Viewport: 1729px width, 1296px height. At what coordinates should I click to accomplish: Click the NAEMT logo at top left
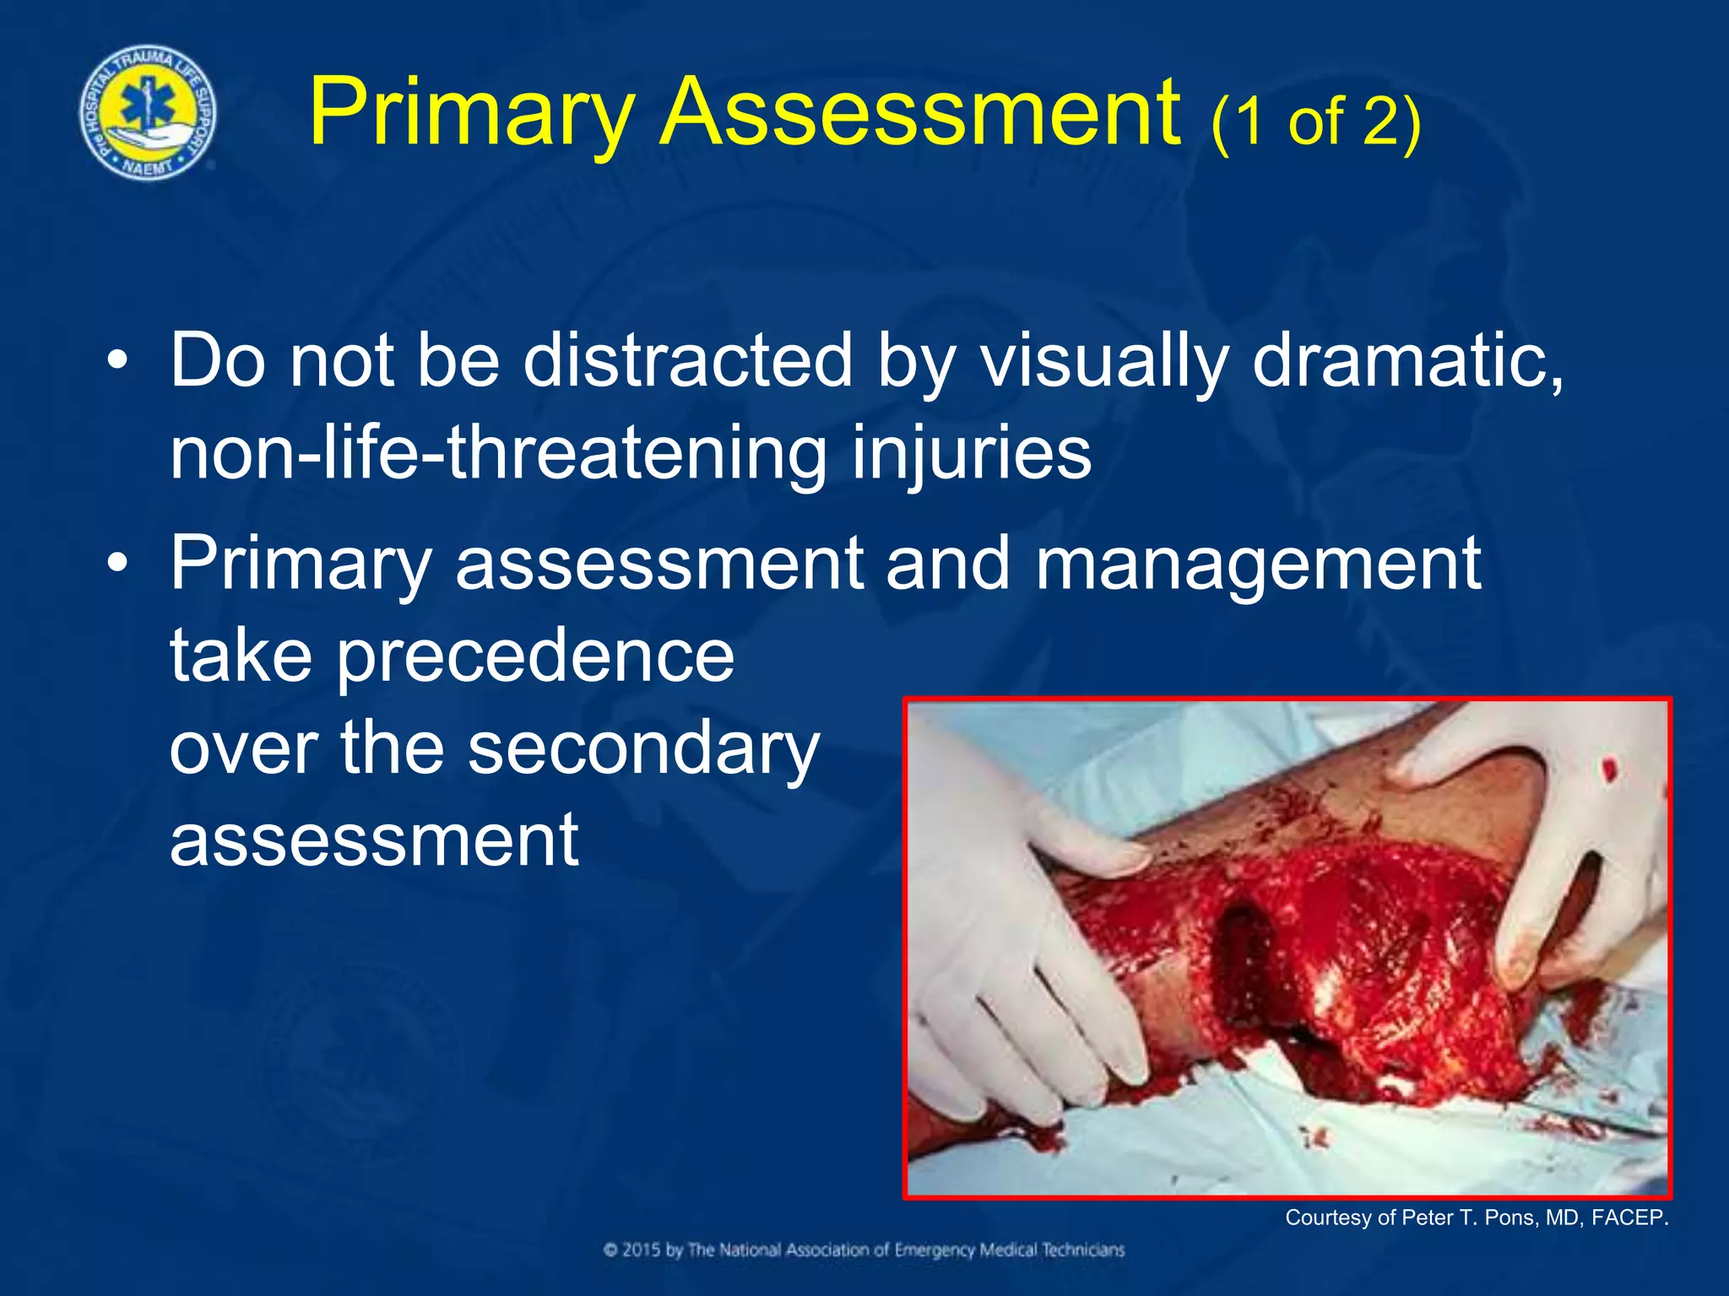click(148, 112)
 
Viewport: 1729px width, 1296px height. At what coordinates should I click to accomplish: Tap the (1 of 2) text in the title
click(1315, 122)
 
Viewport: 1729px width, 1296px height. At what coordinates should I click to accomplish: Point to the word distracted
click(688, 361)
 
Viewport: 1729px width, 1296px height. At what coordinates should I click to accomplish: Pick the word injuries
click(971, 456)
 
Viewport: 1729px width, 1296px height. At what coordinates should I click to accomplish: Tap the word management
click(1258, 565)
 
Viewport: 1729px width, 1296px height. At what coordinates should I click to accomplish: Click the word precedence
click(536, 658)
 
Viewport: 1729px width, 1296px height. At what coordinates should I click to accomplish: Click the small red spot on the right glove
click(1609, 769)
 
